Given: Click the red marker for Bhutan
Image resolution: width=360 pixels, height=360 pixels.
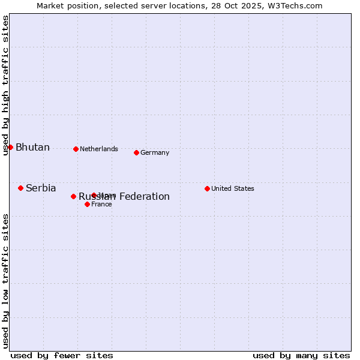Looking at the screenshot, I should (10, 147).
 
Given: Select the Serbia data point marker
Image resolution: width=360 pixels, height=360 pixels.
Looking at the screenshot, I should (20, 188).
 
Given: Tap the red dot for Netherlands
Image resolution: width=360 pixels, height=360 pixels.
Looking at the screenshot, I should (76, 149).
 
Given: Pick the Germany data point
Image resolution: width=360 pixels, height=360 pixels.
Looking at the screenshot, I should (136, 152).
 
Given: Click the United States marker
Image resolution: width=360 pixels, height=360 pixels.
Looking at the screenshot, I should (207, 188).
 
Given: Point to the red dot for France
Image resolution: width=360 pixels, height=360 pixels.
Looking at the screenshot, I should (87, 204).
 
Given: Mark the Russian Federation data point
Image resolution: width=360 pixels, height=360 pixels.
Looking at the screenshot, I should (73, 196).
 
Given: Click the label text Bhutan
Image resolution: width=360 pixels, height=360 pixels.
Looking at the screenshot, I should (32, 148).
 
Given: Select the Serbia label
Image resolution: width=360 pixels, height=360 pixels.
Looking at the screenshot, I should (41, 188).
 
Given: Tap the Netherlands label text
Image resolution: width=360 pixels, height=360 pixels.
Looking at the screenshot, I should (99, 149).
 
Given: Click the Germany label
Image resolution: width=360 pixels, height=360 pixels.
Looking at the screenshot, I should (155, 152).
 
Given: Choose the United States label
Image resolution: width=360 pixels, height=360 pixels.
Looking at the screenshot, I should (233, 188).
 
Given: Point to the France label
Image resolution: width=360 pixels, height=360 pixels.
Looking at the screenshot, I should (101, 204).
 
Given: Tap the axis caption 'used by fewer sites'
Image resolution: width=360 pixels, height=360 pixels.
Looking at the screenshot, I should (62, 355).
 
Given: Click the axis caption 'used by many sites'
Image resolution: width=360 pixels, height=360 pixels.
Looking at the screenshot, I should (301, 355).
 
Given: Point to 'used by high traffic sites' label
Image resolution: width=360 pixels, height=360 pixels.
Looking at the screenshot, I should (5, 85).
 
